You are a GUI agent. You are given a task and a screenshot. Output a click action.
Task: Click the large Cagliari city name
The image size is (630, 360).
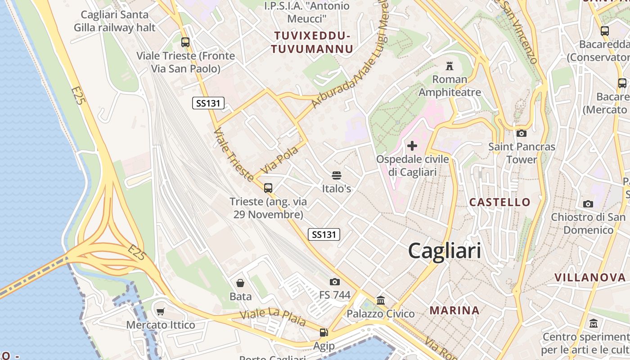point(445,251)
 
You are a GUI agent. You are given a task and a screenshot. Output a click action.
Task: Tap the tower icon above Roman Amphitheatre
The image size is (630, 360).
point(449,66)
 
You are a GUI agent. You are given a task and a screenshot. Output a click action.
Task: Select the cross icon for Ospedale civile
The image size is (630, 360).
point(412,146)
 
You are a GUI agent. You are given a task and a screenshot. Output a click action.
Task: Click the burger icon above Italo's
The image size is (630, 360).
point(337,175)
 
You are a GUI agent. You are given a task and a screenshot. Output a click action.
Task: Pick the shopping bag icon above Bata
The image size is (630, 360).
point(240,283)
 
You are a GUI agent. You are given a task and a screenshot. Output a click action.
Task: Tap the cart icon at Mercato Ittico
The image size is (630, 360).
point(161,311)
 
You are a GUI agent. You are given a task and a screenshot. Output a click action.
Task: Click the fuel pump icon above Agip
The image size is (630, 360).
point(324,333)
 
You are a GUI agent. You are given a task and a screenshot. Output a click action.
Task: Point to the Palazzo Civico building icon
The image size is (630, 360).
point(381,300)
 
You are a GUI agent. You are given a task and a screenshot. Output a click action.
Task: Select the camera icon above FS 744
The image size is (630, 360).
point(334,282)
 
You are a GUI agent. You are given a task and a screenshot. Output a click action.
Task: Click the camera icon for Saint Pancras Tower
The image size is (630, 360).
point(522,133)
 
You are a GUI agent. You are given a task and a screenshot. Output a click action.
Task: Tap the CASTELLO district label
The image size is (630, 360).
point(500,202)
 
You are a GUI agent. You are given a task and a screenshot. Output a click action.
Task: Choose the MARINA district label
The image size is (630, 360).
point(454,310)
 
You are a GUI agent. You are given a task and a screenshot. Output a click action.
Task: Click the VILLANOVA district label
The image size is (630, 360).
point(590,277)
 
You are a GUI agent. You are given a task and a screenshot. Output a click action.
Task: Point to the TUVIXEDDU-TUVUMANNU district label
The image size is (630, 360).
point(312,42)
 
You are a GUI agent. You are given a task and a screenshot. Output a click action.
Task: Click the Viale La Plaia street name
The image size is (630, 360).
point(273,319)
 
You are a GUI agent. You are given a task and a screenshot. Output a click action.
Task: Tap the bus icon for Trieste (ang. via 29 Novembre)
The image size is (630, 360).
point(268,188)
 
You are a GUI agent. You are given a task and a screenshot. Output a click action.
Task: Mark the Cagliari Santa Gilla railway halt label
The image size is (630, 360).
point(115,21)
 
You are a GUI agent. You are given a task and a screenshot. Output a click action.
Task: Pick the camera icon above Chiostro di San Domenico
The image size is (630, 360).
point(588,204)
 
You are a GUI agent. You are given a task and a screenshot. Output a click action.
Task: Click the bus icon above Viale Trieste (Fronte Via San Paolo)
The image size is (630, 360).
point(185,42)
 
